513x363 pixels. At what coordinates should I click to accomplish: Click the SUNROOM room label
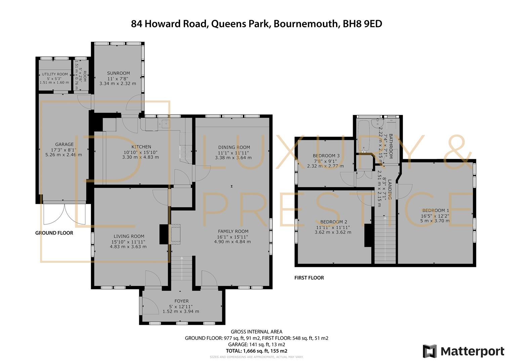118,73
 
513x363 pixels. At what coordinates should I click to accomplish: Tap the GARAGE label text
65,144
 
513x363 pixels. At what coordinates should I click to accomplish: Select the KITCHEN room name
141,147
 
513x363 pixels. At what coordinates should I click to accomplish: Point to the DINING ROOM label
234,147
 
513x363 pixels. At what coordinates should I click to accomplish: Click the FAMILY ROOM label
233,231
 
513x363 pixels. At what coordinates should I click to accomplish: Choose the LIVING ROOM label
129,236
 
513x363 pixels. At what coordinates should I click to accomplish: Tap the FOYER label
182,301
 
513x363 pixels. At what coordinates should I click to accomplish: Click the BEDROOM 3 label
326,156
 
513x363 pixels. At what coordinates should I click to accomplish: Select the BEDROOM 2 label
334,221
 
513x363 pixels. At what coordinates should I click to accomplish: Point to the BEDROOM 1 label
436,210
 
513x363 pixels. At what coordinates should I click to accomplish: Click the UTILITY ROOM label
55,74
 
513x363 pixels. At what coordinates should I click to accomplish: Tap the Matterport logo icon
430,351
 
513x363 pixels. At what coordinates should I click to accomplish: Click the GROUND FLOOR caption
54,233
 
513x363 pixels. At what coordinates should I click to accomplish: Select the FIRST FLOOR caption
309,278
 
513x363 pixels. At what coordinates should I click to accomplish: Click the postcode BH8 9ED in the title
362,24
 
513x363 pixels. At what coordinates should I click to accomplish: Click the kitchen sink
165,124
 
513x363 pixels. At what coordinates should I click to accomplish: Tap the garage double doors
65,213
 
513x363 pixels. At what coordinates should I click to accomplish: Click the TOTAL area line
257,351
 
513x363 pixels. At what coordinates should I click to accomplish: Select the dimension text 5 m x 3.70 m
435,221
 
